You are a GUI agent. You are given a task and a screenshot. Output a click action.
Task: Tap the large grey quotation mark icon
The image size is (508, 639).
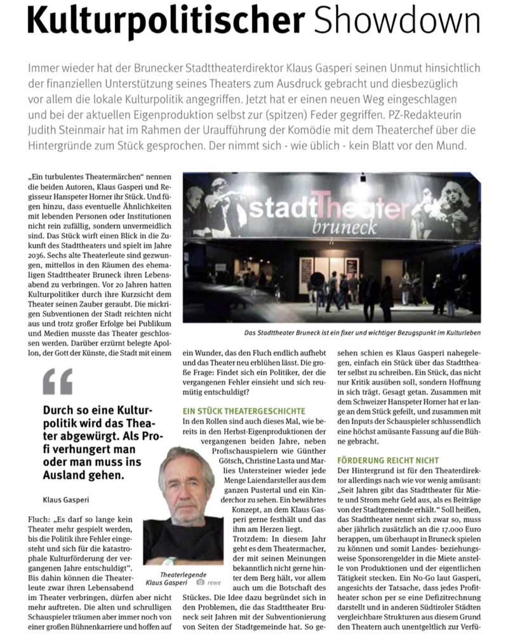(58, 382)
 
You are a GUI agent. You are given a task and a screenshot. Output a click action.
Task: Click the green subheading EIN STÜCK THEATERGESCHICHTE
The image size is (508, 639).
(243, 411)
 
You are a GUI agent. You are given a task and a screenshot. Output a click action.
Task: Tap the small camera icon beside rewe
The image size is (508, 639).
(200, 564)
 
